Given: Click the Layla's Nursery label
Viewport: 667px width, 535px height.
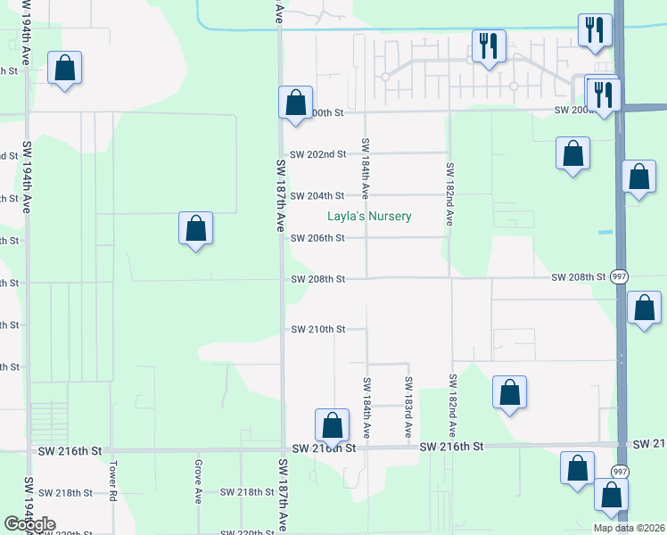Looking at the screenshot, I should [x=368, y=217].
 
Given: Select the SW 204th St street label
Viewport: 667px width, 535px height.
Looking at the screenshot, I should [x=317, y=196].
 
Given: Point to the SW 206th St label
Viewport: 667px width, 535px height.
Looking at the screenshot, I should [x=317, y=238].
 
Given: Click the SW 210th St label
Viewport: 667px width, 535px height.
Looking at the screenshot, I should [x=317, y=330].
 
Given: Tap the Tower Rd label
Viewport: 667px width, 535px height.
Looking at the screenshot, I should [x=113, y=480].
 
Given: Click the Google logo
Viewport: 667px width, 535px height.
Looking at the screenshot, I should [x=29, y=524].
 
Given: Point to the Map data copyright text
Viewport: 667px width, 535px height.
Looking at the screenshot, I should [x=628, y=528].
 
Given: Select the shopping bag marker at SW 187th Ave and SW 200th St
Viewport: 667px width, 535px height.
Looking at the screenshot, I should [x=295, y=103].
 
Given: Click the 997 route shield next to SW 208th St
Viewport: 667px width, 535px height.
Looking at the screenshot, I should [x=620, y=278].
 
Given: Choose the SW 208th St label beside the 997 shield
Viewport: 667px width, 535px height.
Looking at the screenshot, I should [x=578, y=278].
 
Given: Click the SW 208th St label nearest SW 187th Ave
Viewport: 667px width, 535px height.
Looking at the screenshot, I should [x=317, y=280].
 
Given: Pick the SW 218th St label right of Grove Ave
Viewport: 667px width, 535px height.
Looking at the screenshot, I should [x=247, y=492].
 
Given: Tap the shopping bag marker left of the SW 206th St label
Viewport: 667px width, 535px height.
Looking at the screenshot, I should [x=196, y=229].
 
